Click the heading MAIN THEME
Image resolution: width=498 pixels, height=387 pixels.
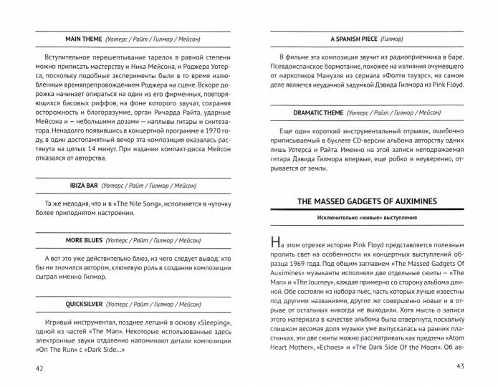86,39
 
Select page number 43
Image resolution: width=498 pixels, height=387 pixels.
460,367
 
